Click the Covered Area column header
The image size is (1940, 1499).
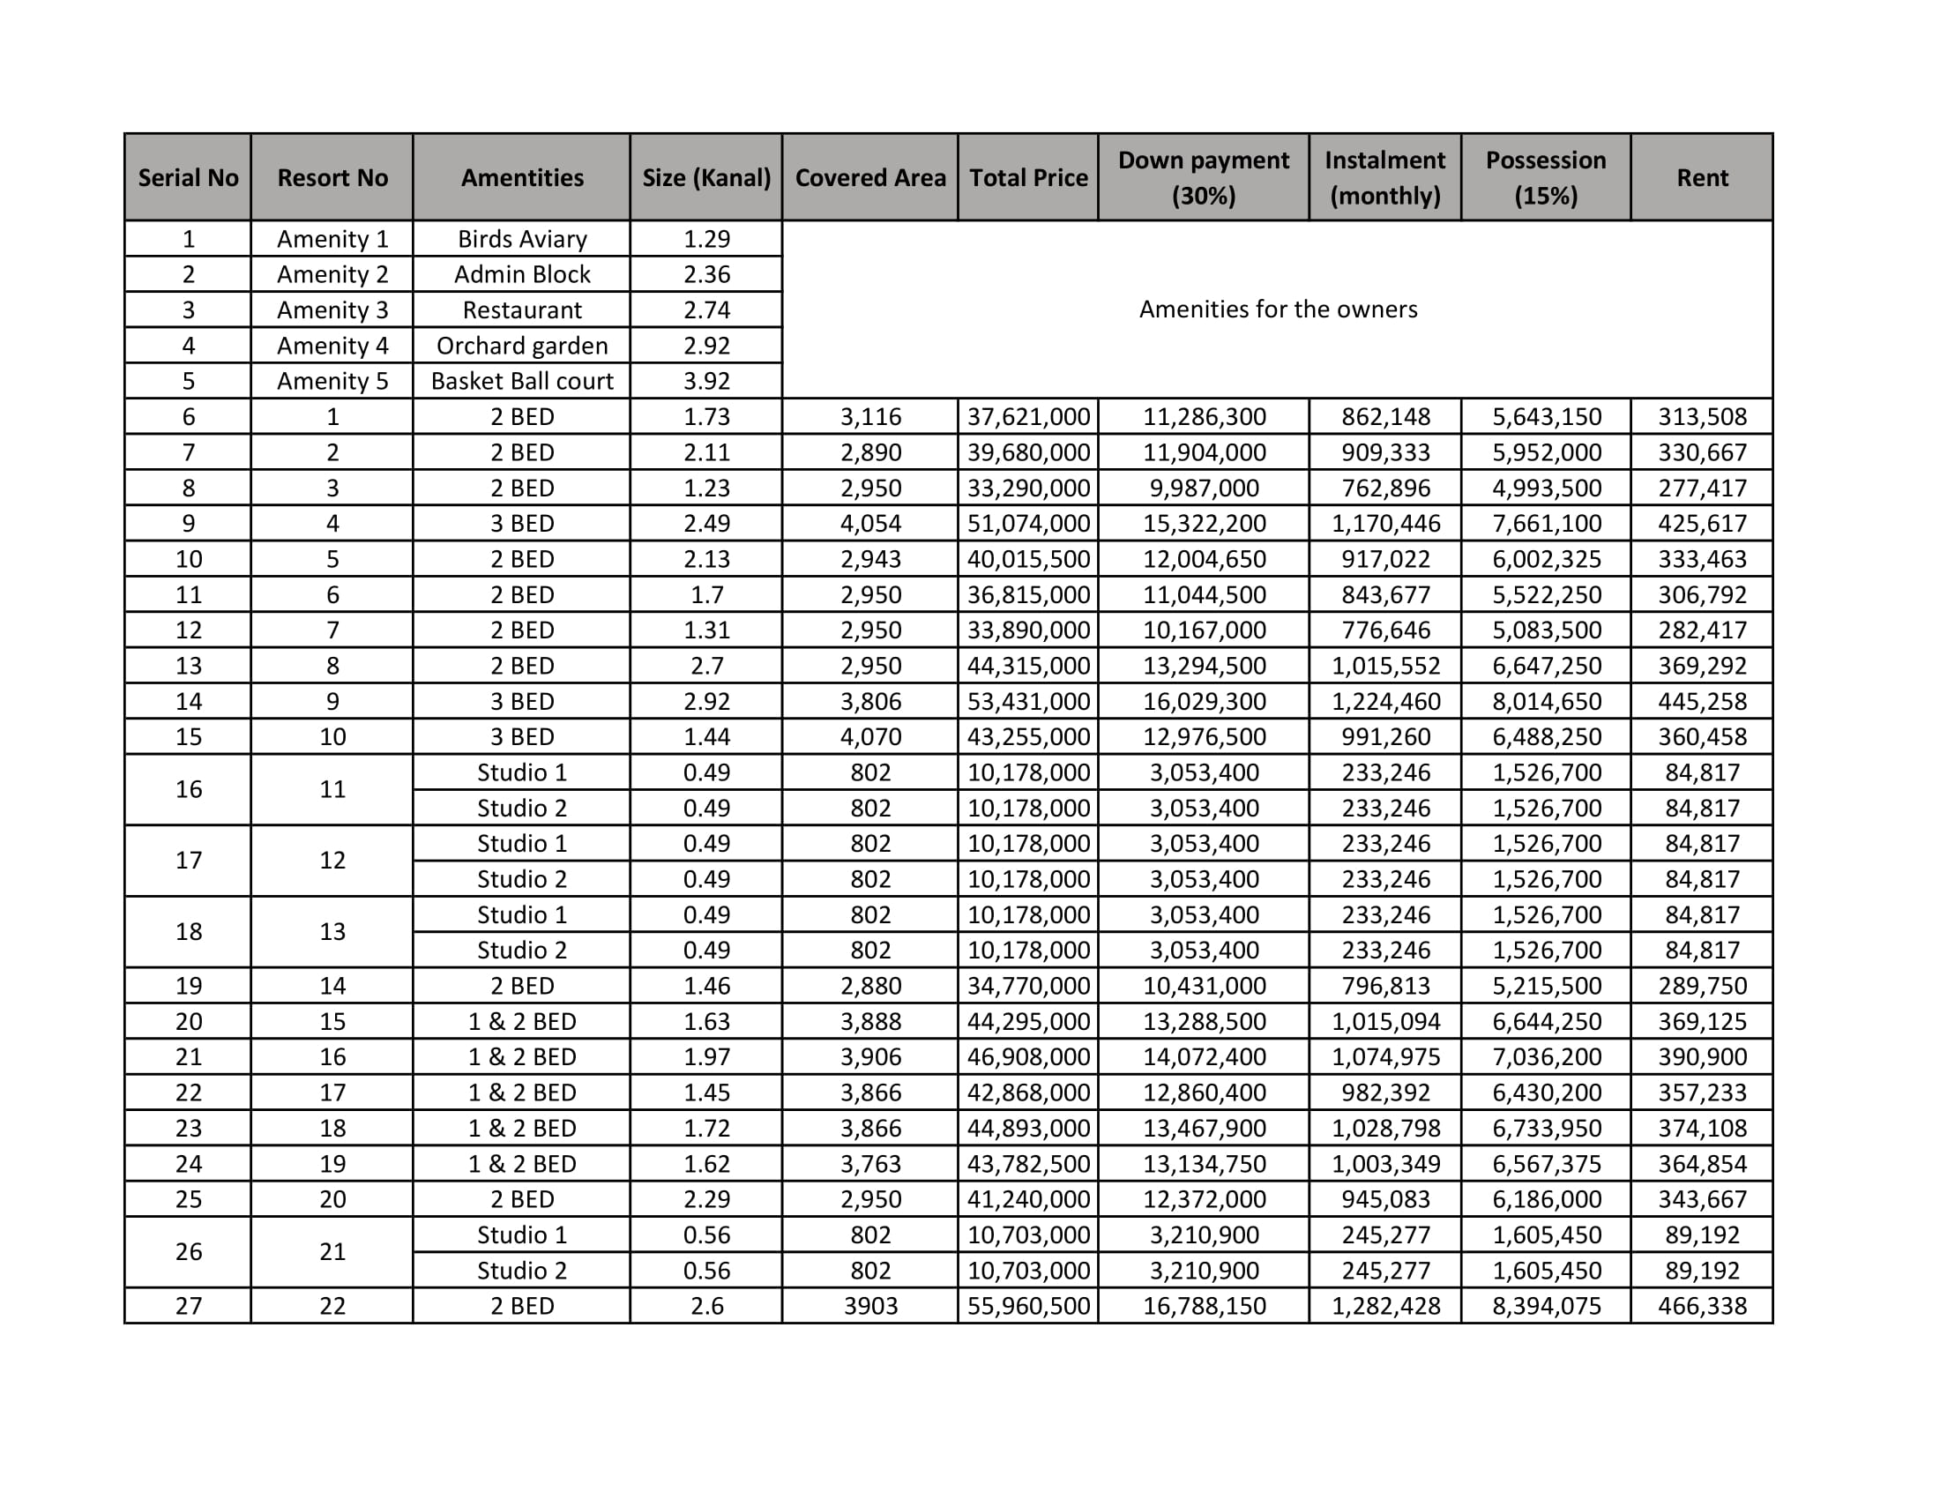[x=869, y=177]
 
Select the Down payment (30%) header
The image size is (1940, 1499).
[x=1203, y=177]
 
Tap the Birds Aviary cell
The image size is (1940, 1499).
[x=521, y=239]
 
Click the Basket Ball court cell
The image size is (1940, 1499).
[x=521, y=381]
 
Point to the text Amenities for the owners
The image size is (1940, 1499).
[x=1278, y=309]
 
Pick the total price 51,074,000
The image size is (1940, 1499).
[x=1027, y=523]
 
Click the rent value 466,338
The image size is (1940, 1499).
[x=1701, y=1305]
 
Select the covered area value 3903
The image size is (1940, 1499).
[x=869, y=1305]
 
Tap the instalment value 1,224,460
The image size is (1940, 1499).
[x=1384, y=702]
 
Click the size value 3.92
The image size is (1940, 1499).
[x=706, y=381]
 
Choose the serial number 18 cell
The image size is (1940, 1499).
[x=189, y=931]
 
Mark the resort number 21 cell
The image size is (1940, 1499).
[x=332, y=1251]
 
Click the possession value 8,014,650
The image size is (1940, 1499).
[x=1546, y=702]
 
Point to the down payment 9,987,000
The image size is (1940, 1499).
[x=1203, y=488]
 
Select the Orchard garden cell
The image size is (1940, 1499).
[x=521, y=346]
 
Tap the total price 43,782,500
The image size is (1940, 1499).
[x=1027, y=1163]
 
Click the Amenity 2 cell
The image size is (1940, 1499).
[x=332, y=274]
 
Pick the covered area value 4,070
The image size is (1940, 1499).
[x=869, y=736]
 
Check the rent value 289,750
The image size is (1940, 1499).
[x=1701, y=986]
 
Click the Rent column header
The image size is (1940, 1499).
[x=1701, y=177]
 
